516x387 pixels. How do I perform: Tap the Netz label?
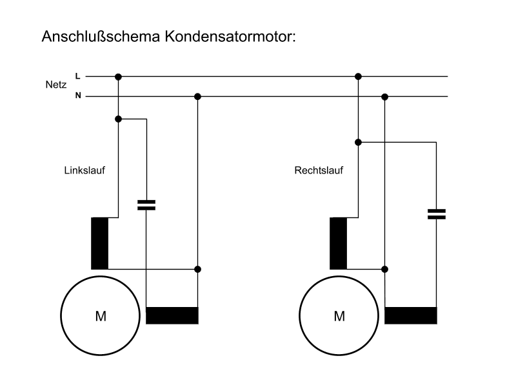point(55,85)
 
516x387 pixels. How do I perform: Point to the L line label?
point(78,76)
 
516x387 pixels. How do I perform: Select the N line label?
point(78,97)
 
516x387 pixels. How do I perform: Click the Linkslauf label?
point(84,171)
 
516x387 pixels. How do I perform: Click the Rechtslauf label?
point(319,171)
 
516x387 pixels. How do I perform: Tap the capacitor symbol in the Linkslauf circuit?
point(147,205)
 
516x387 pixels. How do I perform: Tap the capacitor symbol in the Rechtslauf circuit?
point(437,214)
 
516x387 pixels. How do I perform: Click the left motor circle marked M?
point(100,316)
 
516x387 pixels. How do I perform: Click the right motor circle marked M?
point(339,316)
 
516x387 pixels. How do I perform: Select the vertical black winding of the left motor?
point(100,243)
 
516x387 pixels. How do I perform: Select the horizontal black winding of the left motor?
point(172,315)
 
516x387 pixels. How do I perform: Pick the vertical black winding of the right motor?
point(338,243)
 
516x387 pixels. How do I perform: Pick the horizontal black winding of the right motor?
point(411,315)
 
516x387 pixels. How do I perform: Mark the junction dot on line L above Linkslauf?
point(118,76)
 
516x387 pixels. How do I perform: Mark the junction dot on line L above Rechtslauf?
point(359,76)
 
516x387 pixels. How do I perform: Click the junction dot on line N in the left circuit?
point(198,97)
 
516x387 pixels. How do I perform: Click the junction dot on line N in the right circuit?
point(385,97)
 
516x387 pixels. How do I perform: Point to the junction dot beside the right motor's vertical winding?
point(385,269)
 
